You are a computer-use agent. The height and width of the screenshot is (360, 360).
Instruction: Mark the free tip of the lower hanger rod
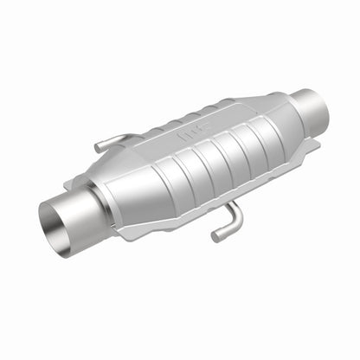215,236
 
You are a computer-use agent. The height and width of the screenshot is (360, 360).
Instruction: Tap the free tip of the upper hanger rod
97,148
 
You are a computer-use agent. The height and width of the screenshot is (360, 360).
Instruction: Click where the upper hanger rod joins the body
130,138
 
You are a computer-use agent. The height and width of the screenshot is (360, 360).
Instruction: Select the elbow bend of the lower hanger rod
234,227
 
